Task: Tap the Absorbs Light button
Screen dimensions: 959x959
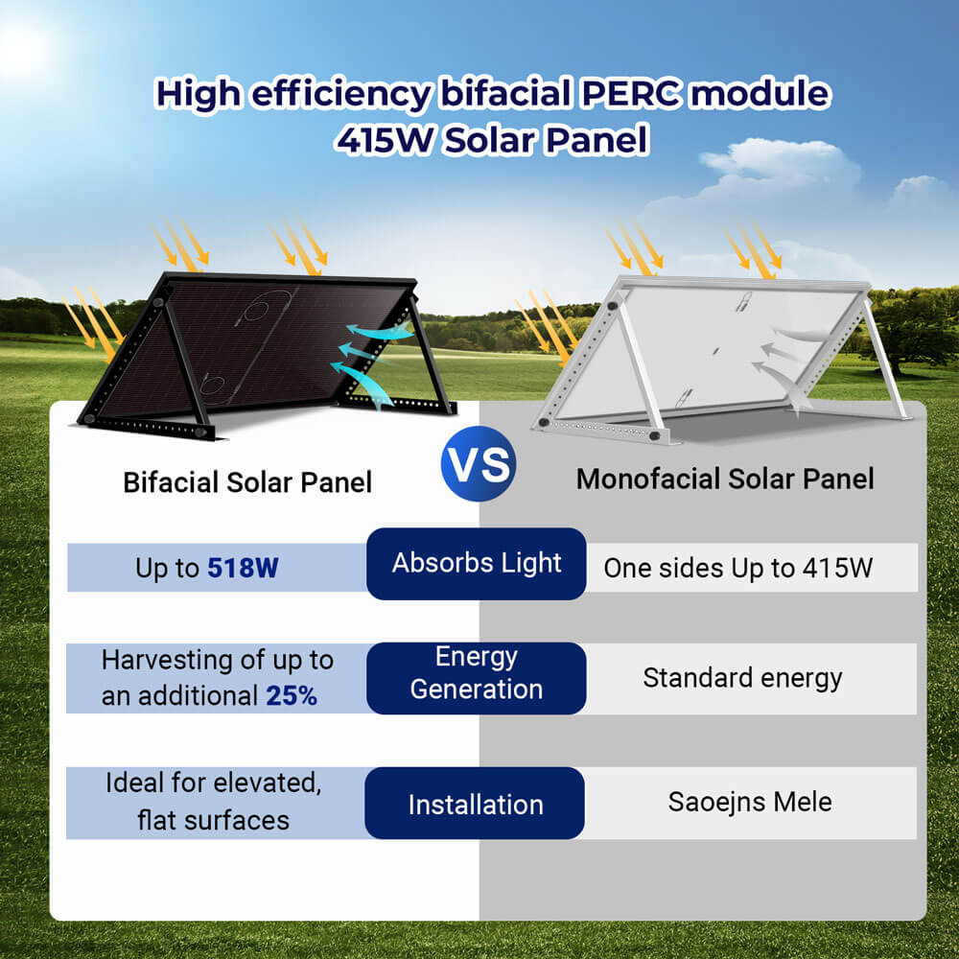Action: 476,564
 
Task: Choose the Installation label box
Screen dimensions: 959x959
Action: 475,804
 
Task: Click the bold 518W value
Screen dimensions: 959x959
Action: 243,568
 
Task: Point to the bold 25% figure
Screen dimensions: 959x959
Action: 292,695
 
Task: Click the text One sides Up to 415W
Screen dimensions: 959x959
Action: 737,568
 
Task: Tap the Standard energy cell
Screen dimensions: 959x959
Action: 742,678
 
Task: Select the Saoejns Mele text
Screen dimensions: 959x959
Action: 750,802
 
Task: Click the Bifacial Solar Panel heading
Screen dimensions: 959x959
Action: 247,481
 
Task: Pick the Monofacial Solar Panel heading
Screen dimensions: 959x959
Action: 725,479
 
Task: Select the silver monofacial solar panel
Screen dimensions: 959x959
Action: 719,355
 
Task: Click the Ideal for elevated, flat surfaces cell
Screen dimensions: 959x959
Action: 213,801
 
